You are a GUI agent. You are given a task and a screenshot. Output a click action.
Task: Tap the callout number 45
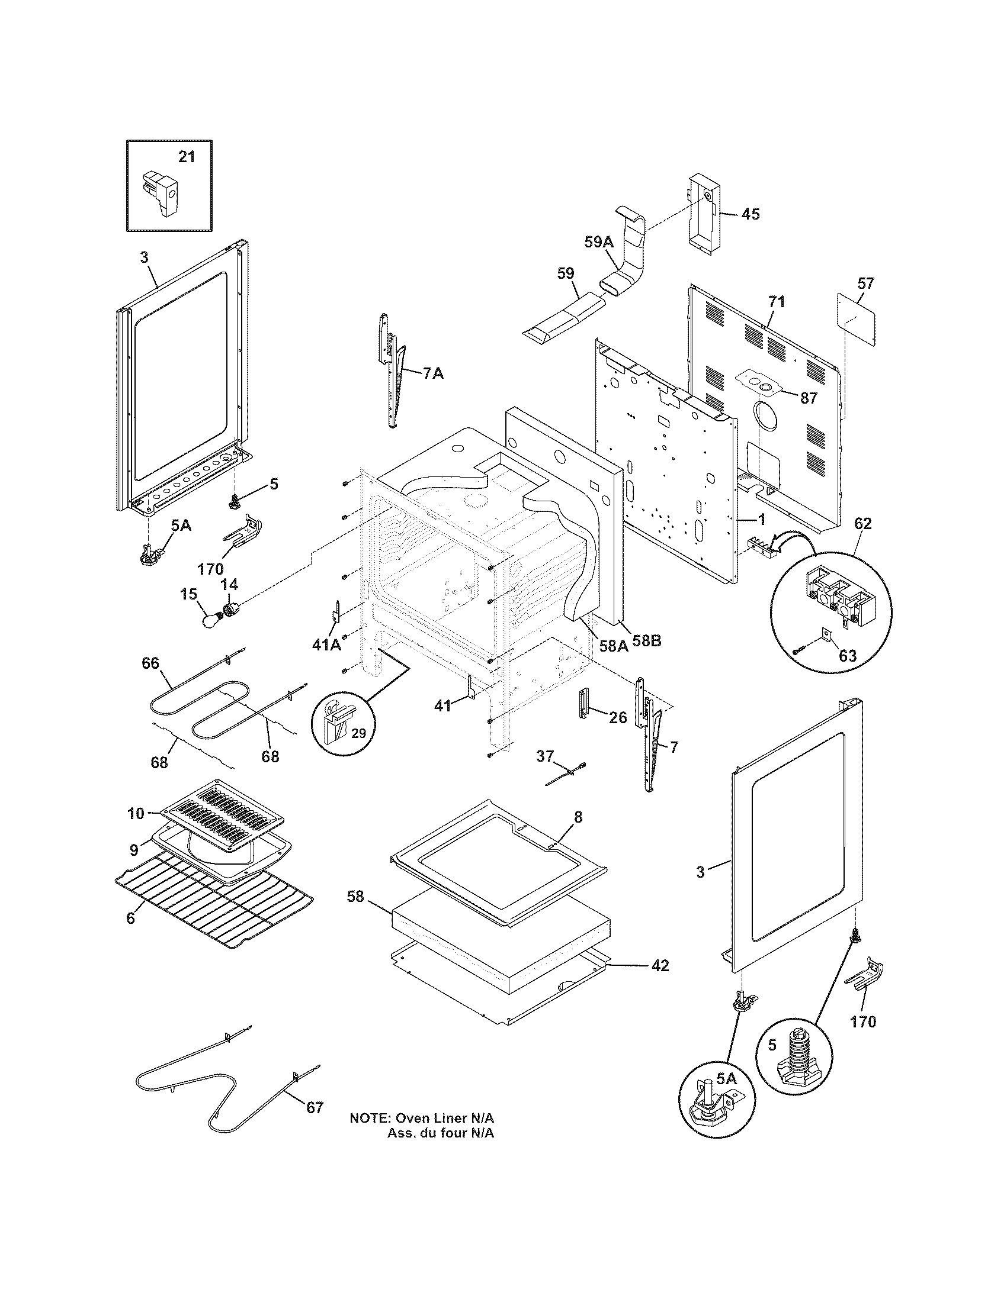click(x=751, y=214)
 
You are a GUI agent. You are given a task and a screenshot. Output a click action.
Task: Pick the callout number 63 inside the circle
click(x=847, y=656)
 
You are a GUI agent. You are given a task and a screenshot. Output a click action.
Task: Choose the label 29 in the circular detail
click(x=358, y=734)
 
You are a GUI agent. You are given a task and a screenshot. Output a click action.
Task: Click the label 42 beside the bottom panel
click(x=659, y=965)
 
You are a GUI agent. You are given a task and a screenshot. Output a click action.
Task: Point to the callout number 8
click(x=578, y=817)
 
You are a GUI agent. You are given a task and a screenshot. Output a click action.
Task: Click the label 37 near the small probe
click(x=544, y=756)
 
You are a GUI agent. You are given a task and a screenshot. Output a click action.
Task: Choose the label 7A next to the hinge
click(x=433, y=375)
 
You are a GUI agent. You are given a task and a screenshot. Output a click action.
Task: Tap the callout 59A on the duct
click(x=598, y=242)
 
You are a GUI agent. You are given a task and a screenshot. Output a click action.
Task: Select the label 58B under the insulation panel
click(x=647, y=642)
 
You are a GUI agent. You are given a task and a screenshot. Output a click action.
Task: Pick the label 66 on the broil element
click(x=150, y=663)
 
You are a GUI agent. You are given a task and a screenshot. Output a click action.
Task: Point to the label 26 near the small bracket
click(x=618, y=718)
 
